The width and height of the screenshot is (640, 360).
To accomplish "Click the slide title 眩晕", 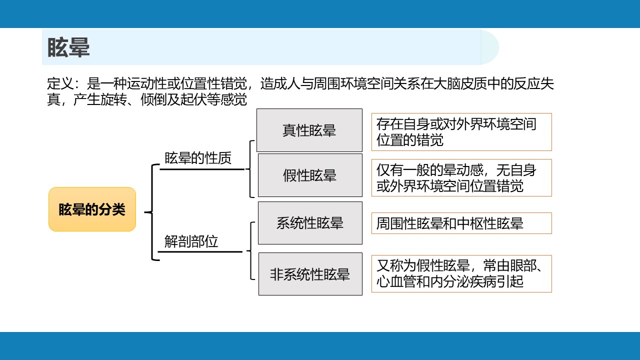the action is [68, 47].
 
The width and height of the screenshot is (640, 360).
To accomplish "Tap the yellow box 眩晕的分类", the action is [92, 209].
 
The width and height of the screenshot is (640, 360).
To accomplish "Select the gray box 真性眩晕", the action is [309, 130].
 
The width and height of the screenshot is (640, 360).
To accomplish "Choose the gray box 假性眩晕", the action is [310, 175].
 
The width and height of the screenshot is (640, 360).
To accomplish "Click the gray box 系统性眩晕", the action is [310, 223].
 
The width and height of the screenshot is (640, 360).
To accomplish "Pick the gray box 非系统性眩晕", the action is [310, 274].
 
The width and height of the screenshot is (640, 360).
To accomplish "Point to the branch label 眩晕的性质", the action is [197, 158].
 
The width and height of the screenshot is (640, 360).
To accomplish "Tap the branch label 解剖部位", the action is [191, 241].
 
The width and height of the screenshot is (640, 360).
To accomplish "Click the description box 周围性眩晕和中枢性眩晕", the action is [461, 223].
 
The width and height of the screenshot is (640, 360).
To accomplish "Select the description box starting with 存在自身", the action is [461, 132].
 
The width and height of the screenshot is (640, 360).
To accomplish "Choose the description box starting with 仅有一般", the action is [461, 177].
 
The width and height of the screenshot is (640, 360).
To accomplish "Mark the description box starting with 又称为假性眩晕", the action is [461, 273].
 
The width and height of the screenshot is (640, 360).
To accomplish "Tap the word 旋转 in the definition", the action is [113, 99].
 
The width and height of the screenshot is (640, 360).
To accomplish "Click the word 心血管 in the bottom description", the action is [396, 281].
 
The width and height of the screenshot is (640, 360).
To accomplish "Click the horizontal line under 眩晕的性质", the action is [202, 169].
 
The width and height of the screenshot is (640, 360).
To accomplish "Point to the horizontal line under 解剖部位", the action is [200, 251].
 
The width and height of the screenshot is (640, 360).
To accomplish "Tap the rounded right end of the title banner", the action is [490, 47].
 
